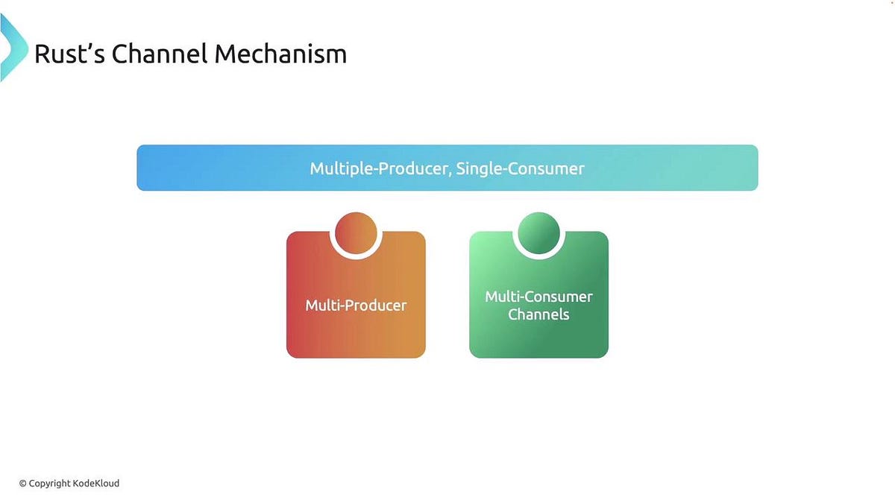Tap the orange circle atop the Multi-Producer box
(x=357, y=233)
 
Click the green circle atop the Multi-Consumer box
(x=538, y=233)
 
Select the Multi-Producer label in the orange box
(x=356, y=306)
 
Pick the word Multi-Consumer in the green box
(x=538, y=297)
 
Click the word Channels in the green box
(x=538, y=314)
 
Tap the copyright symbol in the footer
(x=22, y=484)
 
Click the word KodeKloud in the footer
(x=96, y=484)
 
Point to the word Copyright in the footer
(x=50, y=484)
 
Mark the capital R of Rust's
(x=42, y=54)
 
